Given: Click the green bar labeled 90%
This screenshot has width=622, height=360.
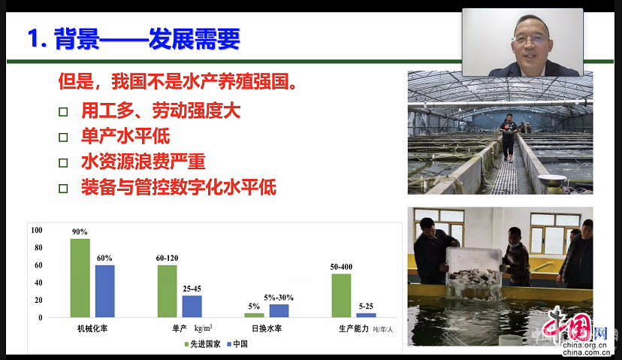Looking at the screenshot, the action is tap(80, 278).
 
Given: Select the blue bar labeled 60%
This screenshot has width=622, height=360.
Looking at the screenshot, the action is tap(104, 292).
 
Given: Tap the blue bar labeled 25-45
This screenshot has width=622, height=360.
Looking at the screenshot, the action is tap(192, 307).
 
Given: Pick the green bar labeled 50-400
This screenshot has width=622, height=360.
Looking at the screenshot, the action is tap(341, 295).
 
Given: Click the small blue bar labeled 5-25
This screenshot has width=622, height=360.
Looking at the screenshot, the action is tap(366, 315).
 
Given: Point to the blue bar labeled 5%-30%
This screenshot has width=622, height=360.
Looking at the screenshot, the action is tap(279, 311).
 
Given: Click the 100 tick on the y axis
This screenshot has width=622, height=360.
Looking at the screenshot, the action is tap(37, 230).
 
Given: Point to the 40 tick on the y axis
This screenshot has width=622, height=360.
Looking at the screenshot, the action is tap(38, 283).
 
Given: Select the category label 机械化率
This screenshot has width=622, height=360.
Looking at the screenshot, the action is tap(92, 328).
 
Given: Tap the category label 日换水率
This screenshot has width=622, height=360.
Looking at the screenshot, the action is tap(267, 328).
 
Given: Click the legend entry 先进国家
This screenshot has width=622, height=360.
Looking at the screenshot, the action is tap(202, 344).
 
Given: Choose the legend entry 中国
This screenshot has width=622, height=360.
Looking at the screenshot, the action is tap(237, 344).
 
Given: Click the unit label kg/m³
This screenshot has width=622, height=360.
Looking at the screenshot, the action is tap(203, 328).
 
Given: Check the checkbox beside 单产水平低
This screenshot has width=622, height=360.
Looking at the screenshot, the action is tap(63, 138).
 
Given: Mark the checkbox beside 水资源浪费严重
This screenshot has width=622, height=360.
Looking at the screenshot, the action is tap(63, 163).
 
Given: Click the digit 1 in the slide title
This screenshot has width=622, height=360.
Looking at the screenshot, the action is tap(34, 39).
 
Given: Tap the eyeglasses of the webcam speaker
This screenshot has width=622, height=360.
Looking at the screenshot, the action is tap(530, 39).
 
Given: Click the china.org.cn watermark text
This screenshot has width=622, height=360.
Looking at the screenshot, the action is tap(585, 349).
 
